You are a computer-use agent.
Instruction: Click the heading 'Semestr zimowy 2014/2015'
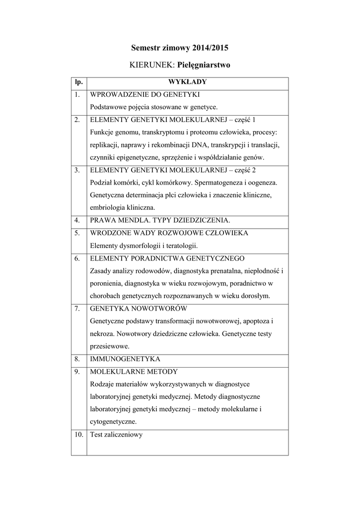(x=180, y=48)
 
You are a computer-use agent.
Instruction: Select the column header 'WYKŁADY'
(x=187, y=82)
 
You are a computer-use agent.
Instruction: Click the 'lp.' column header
(x=78, y=82)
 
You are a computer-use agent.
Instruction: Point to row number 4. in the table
(x=77, y=220)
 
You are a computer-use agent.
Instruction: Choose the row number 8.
(x=77, y=358)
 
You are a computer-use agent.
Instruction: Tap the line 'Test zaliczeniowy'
(x=116, y=435)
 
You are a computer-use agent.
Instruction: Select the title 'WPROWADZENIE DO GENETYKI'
(x=144, y=94)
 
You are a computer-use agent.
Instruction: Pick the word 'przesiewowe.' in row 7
(x=110, y=346)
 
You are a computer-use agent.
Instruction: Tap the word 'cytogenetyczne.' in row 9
(x=113, y=422)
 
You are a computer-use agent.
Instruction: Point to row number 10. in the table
(x=78, y=435)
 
